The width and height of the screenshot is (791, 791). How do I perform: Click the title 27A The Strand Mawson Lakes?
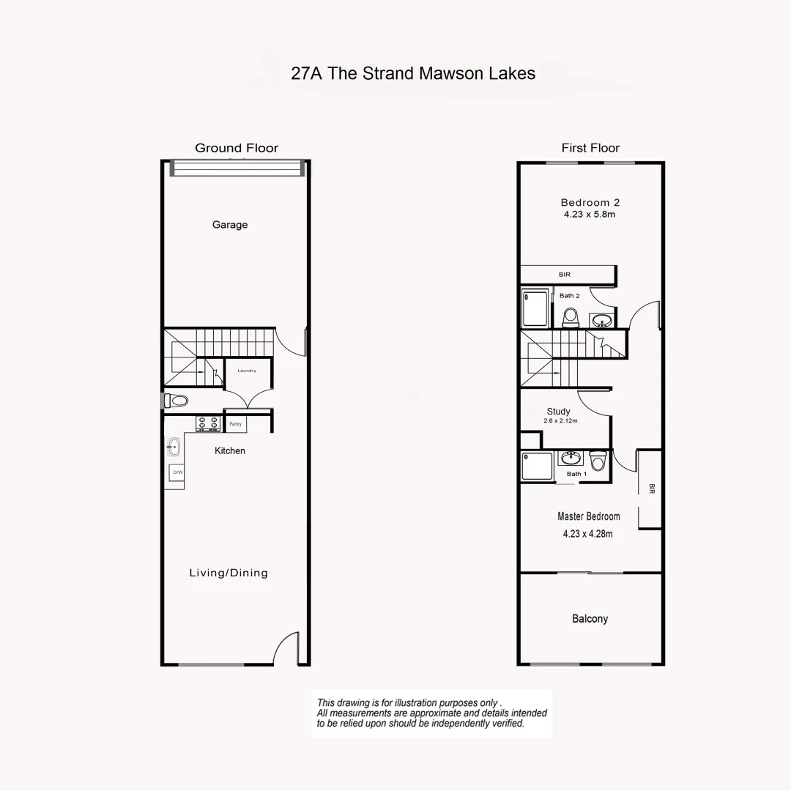(x=413, y=73)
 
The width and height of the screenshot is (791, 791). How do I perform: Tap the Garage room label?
(x=230, y=225)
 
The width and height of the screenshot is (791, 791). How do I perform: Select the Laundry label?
(x=247, y=371)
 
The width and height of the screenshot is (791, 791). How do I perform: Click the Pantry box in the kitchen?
(x=236, y=424)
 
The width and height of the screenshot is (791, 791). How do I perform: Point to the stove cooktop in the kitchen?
(x=207, y=423)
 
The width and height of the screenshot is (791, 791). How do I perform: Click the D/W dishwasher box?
(x=177, y=473)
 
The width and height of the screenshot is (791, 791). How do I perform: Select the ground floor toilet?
(x=177, y=401)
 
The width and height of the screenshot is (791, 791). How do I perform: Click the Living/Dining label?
(x=229, y=573)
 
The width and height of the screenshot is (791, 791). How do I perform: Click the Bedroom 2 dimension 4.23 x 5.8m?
(x=590, y=215)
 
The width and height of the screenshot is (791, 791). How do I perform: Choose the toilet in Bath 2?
(x=571, y=317)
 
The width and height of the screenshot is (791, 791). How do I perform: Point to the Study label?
(x=558, y=412)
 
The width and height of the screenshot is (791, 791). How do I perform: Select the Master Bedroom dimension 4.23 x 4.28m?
(x=588, y=534)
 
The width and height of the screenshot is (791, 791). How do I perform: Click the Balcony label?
(x=590, y=619)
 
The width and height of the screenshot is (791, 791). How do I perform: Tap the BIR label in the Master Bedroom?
(x=651, y=489)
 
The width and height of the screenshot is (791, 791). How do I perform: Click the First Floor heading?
(x=590, y=148)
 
